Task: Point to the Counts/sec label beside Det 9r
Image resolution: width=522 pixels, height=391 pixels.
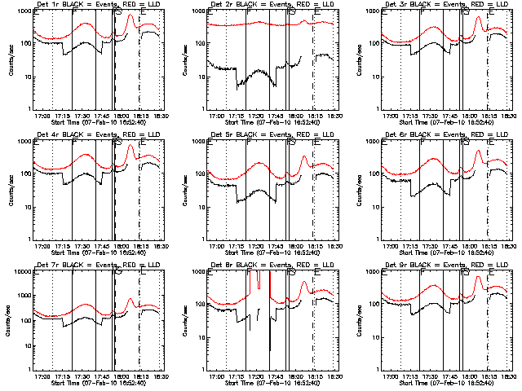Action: [359, 320]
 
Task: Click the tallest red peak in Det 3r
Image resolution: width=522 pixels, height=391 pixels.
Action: [477, 15]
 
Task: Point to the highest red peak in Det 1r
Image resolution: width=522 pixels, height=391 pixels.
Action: [130, 15]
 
